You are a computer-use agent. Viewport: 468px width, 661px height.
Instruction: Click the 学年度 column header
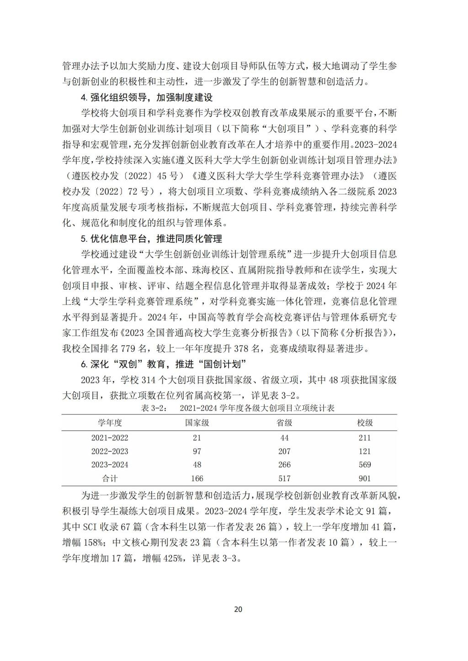click(110, 423)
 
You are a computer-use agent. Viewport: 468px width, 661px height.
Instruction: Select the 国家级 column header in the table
click(197, 423)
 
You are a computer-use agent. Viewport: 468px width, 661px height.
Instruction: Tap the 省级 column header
click(284, 423)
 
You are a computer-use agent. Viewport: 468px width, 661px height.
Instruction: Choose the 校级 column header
click(365, 423)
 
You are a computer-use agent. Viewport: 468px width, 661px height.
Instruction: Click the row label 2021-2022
click(110, 438)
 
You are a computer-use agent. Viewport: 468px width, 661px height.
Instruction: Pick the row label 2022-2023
click(110, 451)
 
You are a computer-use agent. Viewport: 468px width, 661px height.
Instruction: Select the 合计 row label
click(110, 478)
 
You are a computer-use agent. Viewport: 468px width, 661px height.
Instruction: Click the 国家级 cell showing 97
click(197, 451)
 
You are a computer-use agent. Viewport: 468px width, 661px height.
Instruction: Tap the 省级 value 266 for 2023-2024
click(284, 465)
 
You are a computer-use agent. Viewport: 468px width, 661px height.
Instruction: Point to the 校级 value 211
click(365, 438)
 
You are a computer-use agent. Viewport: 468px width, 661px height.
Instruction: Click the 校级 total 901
click(365, 478)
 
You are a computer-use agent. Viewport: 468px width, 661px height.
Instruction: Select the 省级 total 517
click(284, 478)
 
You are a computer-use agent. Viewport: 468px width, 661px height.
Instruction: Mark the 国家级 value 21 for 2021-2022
click(197, 438)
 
